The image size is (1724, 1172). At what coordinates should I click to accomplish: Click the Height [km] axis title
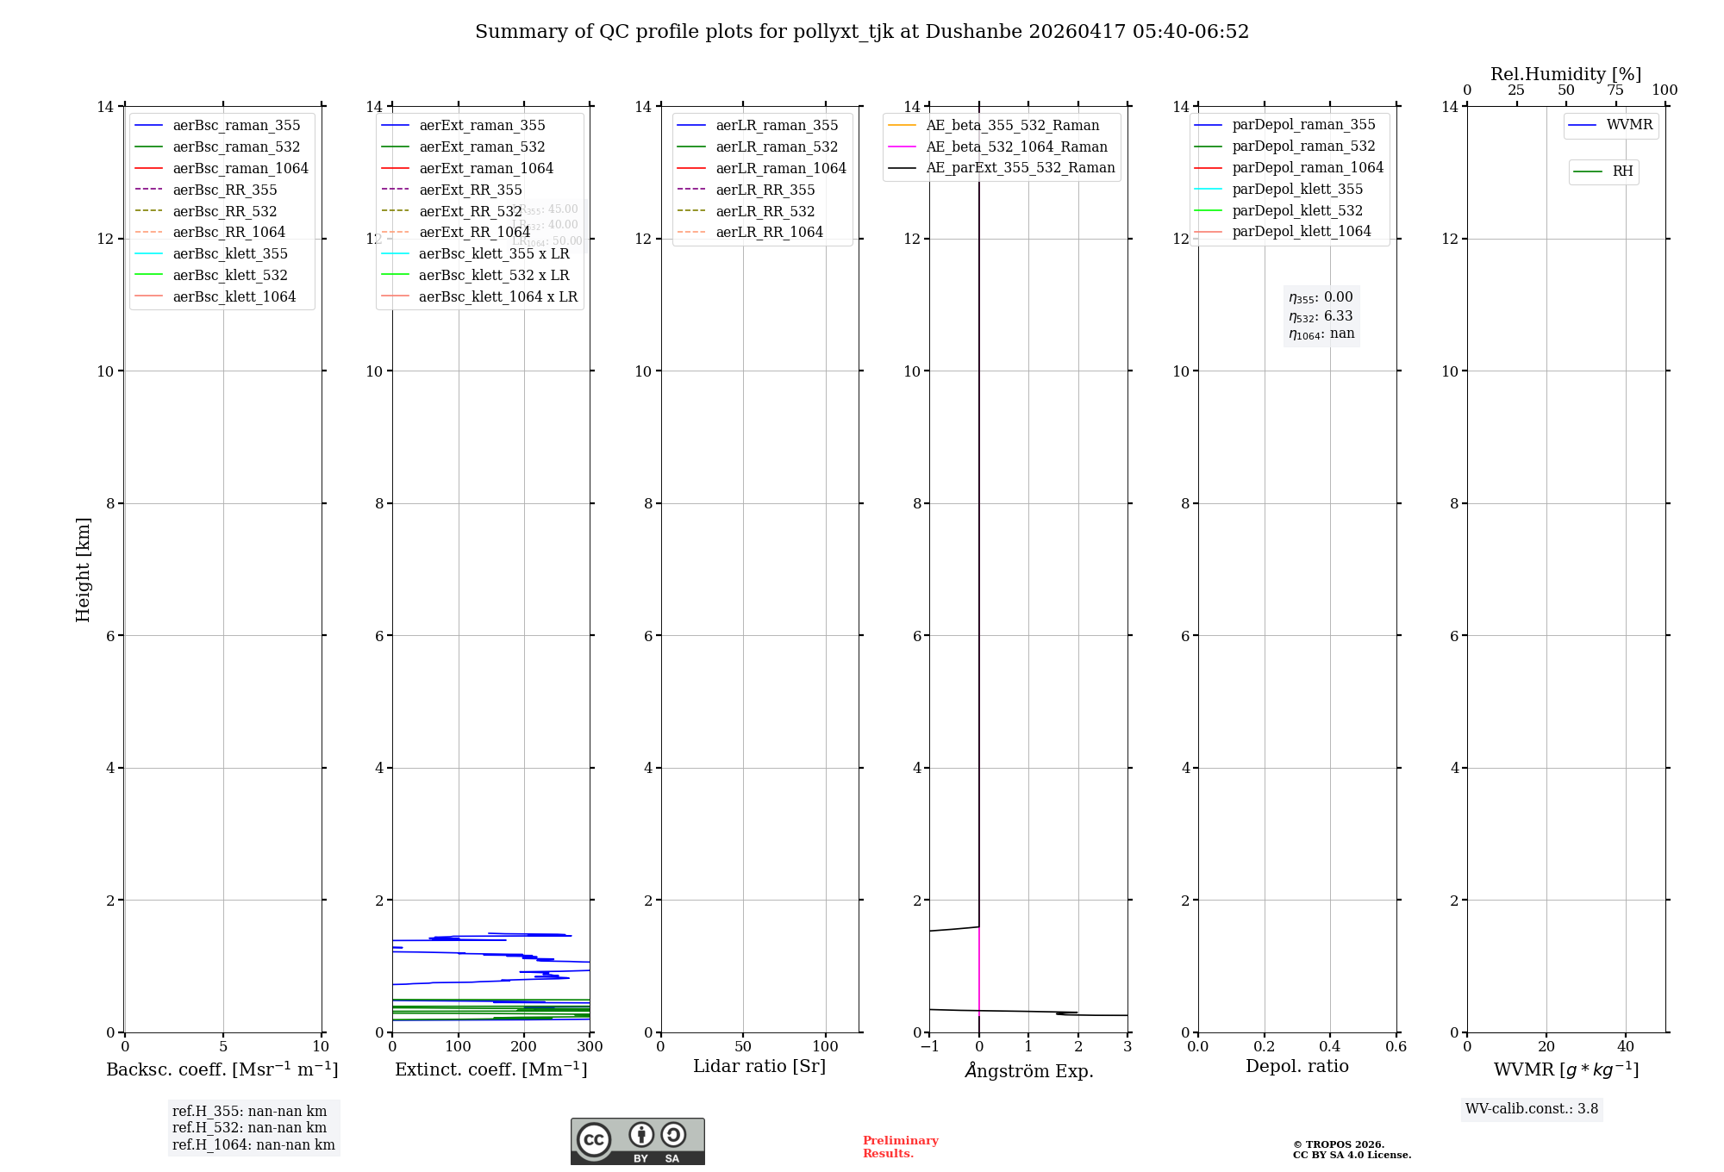tap(83, 569)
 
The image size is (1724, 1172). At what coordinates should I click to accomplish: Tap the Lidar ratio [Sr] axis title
tap(759, 1066)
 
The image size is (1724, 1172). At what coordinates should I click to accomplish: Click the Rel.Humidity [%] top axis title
tap(1566, 74)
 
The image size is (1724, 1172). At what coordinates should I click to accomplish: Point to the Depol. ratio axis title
tap(1297, 1066)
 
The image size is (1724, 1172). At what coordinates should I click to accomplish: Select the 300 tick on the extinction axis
tap(590, 1046)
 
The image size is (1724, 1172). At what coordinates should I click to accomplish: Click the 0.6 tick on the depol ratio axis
tap(1396, 1046)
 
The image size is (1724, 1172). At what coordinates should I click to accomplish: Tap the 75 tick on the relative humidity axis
tap(1615, 90)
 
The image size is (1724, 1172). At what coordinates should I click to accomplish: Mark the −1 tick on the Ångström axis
tap(928, 1046)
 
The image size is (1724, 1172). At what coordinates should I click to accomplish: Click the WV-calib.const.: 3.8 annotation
tap(1532, 1109)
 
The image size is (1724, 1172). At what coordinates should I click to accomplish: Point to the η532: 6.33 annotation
tap(1321, 316)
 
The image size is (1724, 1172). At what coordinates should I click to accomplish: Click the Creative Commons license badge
tap(637, 1141)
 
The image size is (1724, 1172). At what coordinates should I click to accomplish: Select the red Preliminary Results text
tap(900, 1147)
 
